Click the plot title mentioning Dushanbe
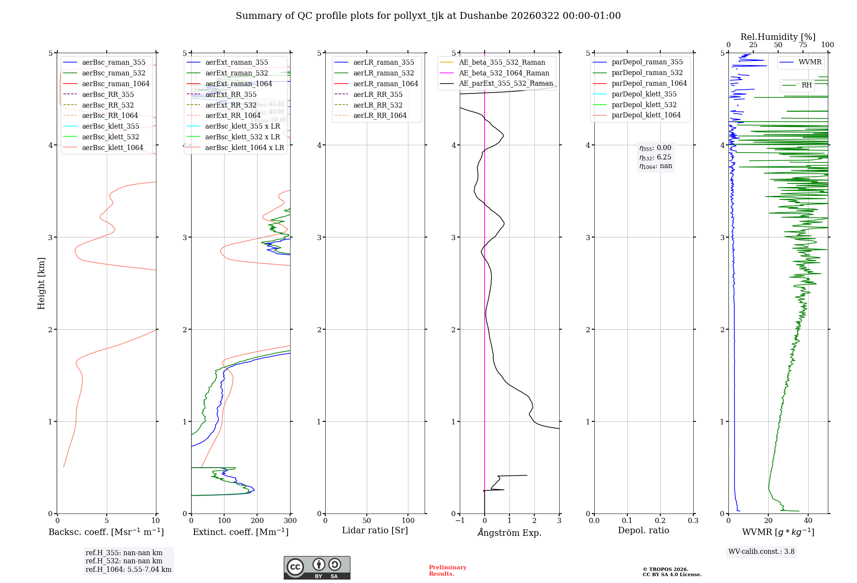[x=428, y=16]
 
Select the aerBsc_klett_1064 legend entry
[x=112, y=148]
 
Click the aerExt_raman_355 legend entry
[x=237, y=63]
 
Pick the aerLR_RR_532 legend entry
[x=378, y=105]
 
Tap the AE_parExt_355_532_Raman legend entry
[x=506, y=84]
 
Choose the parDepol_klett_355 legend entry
[x=644, y=94]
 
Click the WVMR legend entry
[x=810, y=62]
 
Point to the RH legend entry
[x=806, y=85]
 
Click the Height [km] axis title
[x=42, y=283]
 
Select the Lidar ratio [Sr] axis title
[x=375, y=530]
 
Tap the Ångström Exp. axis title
[x=509, y=532]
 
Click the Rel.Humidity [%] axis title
[x=778, y=37]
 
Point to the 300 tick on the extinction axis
[x=291, y=521]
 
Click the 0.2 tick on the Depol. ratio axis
[x=660, y=521]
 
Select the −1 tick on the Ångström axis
[x=460, y=521]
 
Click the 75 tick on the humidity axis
[x=803, y=45]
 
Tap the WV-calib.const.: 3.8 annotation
[x=761, y=552]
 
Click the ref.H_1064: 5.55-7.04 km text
[x=129, y=570]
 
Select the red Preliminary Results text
[x=447, y=571]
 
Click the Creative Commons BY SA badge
[x=317, y=568]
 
